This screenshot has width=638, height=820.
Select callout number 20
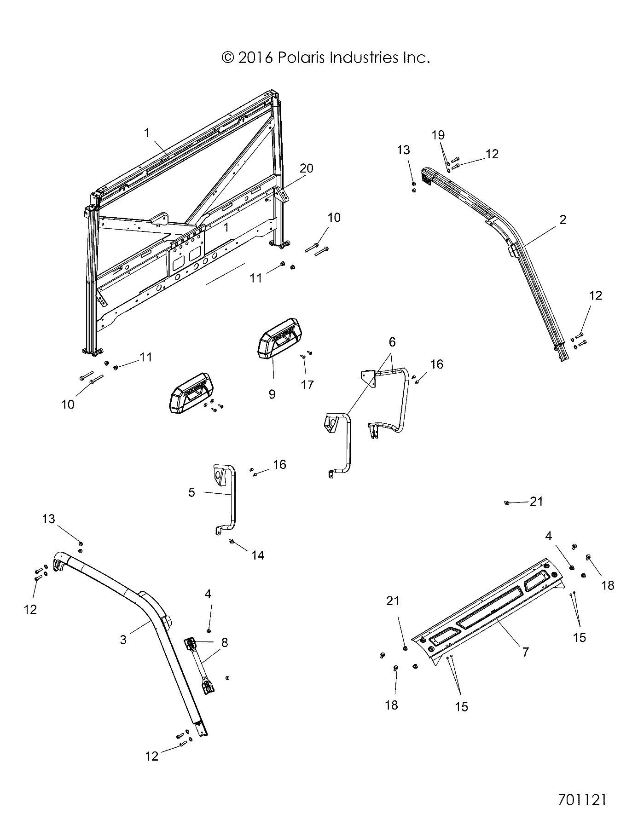(306, 168)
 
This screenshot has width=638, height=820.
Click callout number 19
(438, 135)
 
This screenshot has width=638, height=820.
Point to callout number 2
(563, 219)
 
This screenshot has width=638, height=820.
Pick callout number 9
(272, 394)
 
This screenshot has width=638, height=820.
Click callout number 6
(392, 341)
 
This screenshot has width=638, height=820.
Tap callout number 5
(191, 492)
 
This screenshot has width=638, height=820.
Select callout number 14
(258, 555)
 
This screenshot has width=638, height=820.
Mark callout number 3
(123, 639)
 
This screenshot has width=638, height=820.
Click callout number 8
(224, 642)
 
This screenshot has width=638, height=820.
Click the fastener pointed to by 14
(232, 541)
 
